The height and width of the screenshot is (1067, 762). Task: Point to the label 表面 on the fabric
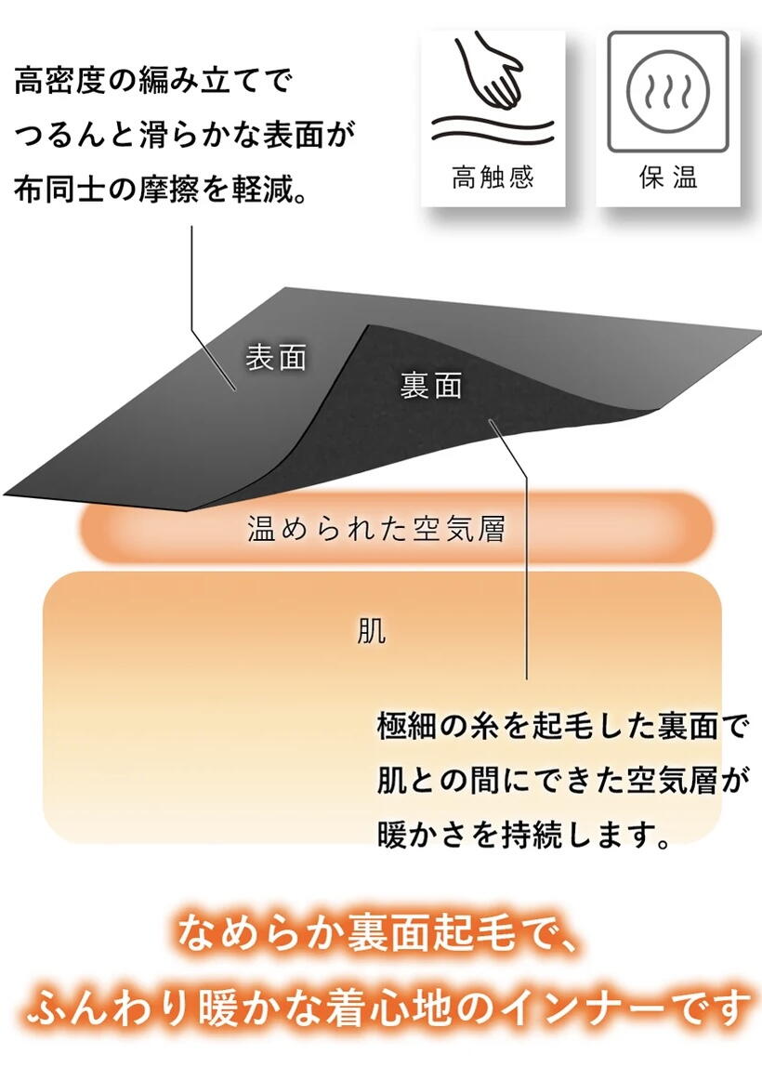(276, 357)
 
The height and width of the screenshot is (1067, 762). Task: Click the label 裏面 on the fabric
(431, 386)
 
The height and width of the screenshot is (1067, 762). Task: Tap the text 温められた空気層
(376, 530)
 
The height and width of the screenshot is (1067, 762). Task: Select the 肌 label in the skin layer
(372, 633)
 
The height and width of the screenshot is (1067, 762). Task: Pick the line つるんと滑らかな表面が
(186, 136)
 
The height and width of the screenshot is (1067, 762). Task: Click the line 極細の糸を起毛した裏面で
(562, 726)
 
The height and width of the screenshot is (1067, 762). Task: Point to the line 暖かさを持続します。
(525, 835)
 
